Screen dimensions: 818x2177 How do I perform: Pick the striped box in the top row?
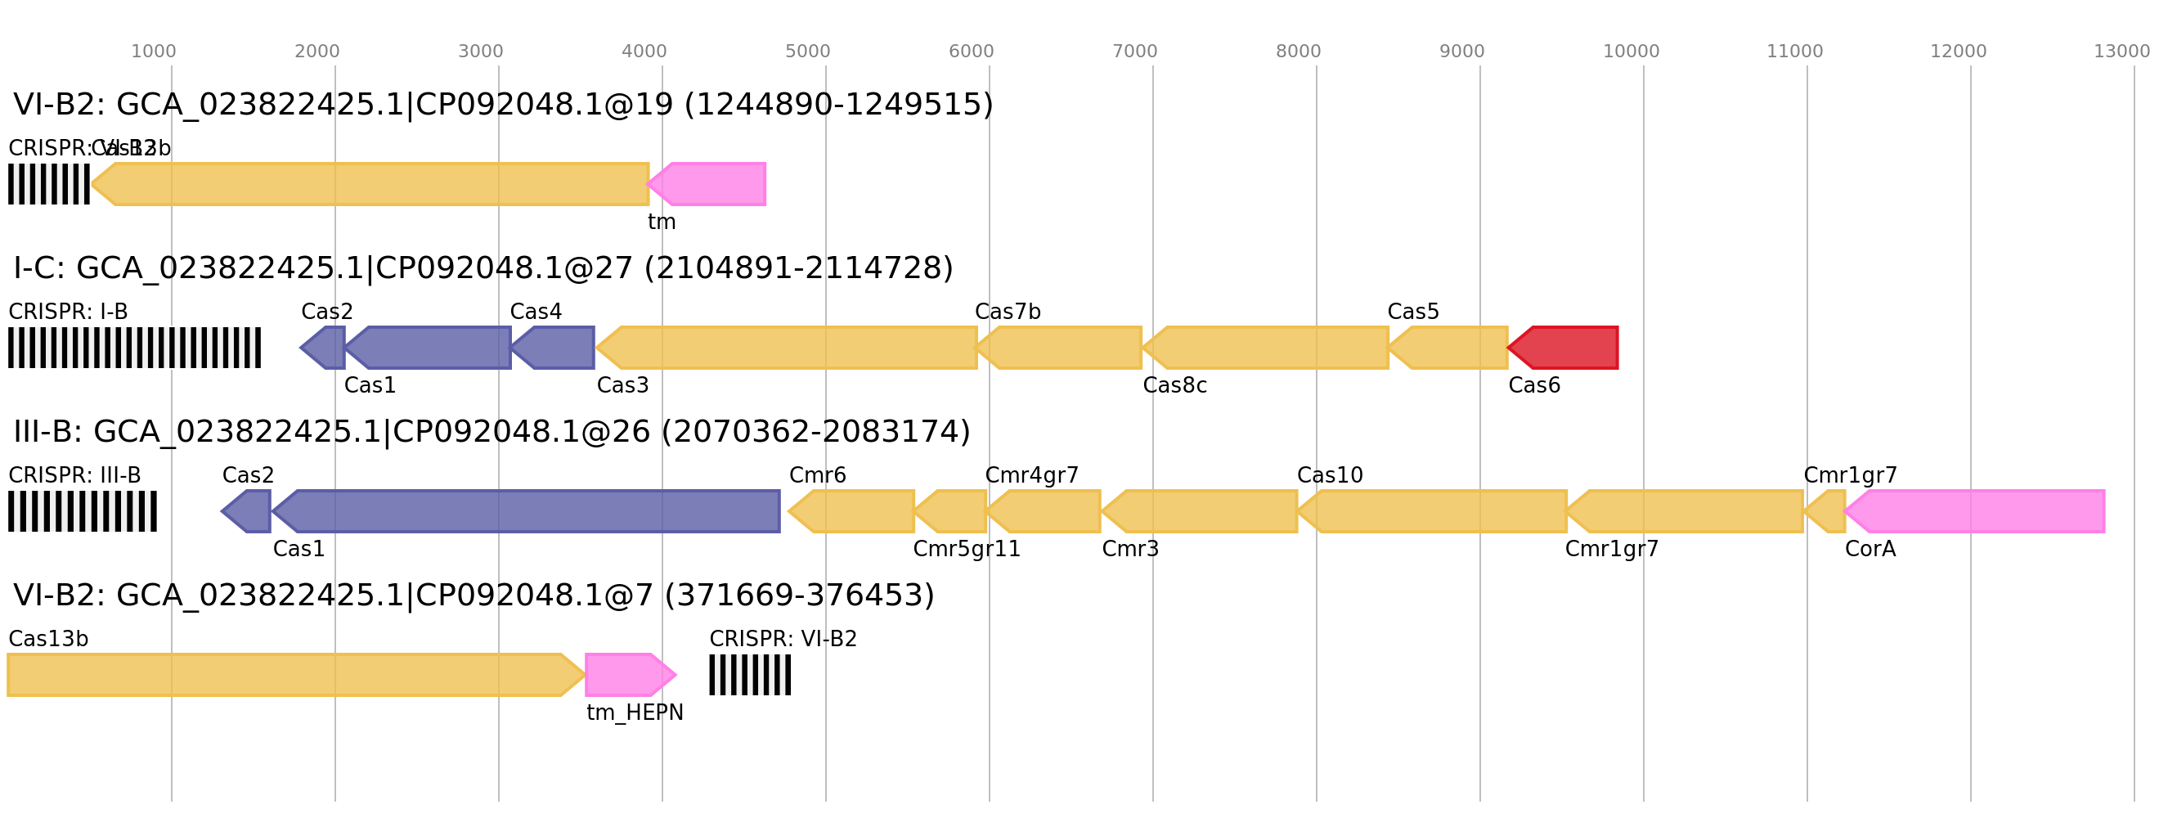pyautogui.click(x=49, y=184)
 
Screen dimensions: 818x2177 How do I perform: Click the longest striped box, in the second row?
pyautogui.click(x=134, y=348)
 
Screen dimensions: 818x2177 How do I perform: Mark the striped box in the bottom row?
pyautogui.click(x=750, y=674)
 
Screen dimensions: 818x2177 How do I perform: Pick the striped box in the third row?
pyautogui.click(x=83, y=511)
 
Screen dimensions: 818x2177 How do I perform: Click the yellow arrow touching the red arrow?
pyautogui.click(x=1451, y=348)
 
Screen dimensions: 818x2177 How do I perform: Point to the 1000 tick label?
pyautogui.click(x=153, y=52)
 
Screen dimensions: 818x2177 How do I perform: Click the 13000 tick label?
pyautogui.click(x=2121, y=52)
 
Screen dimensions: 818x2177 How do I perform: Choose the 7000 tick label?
pyautogui.click(x=1134, y=52)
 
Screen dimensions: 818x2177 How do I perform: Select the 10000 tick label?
pyautogui.click(x=1631, y=52)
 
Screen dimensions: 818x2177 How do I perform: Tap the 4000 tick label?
pyautogui.click(x=644, y=52)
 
